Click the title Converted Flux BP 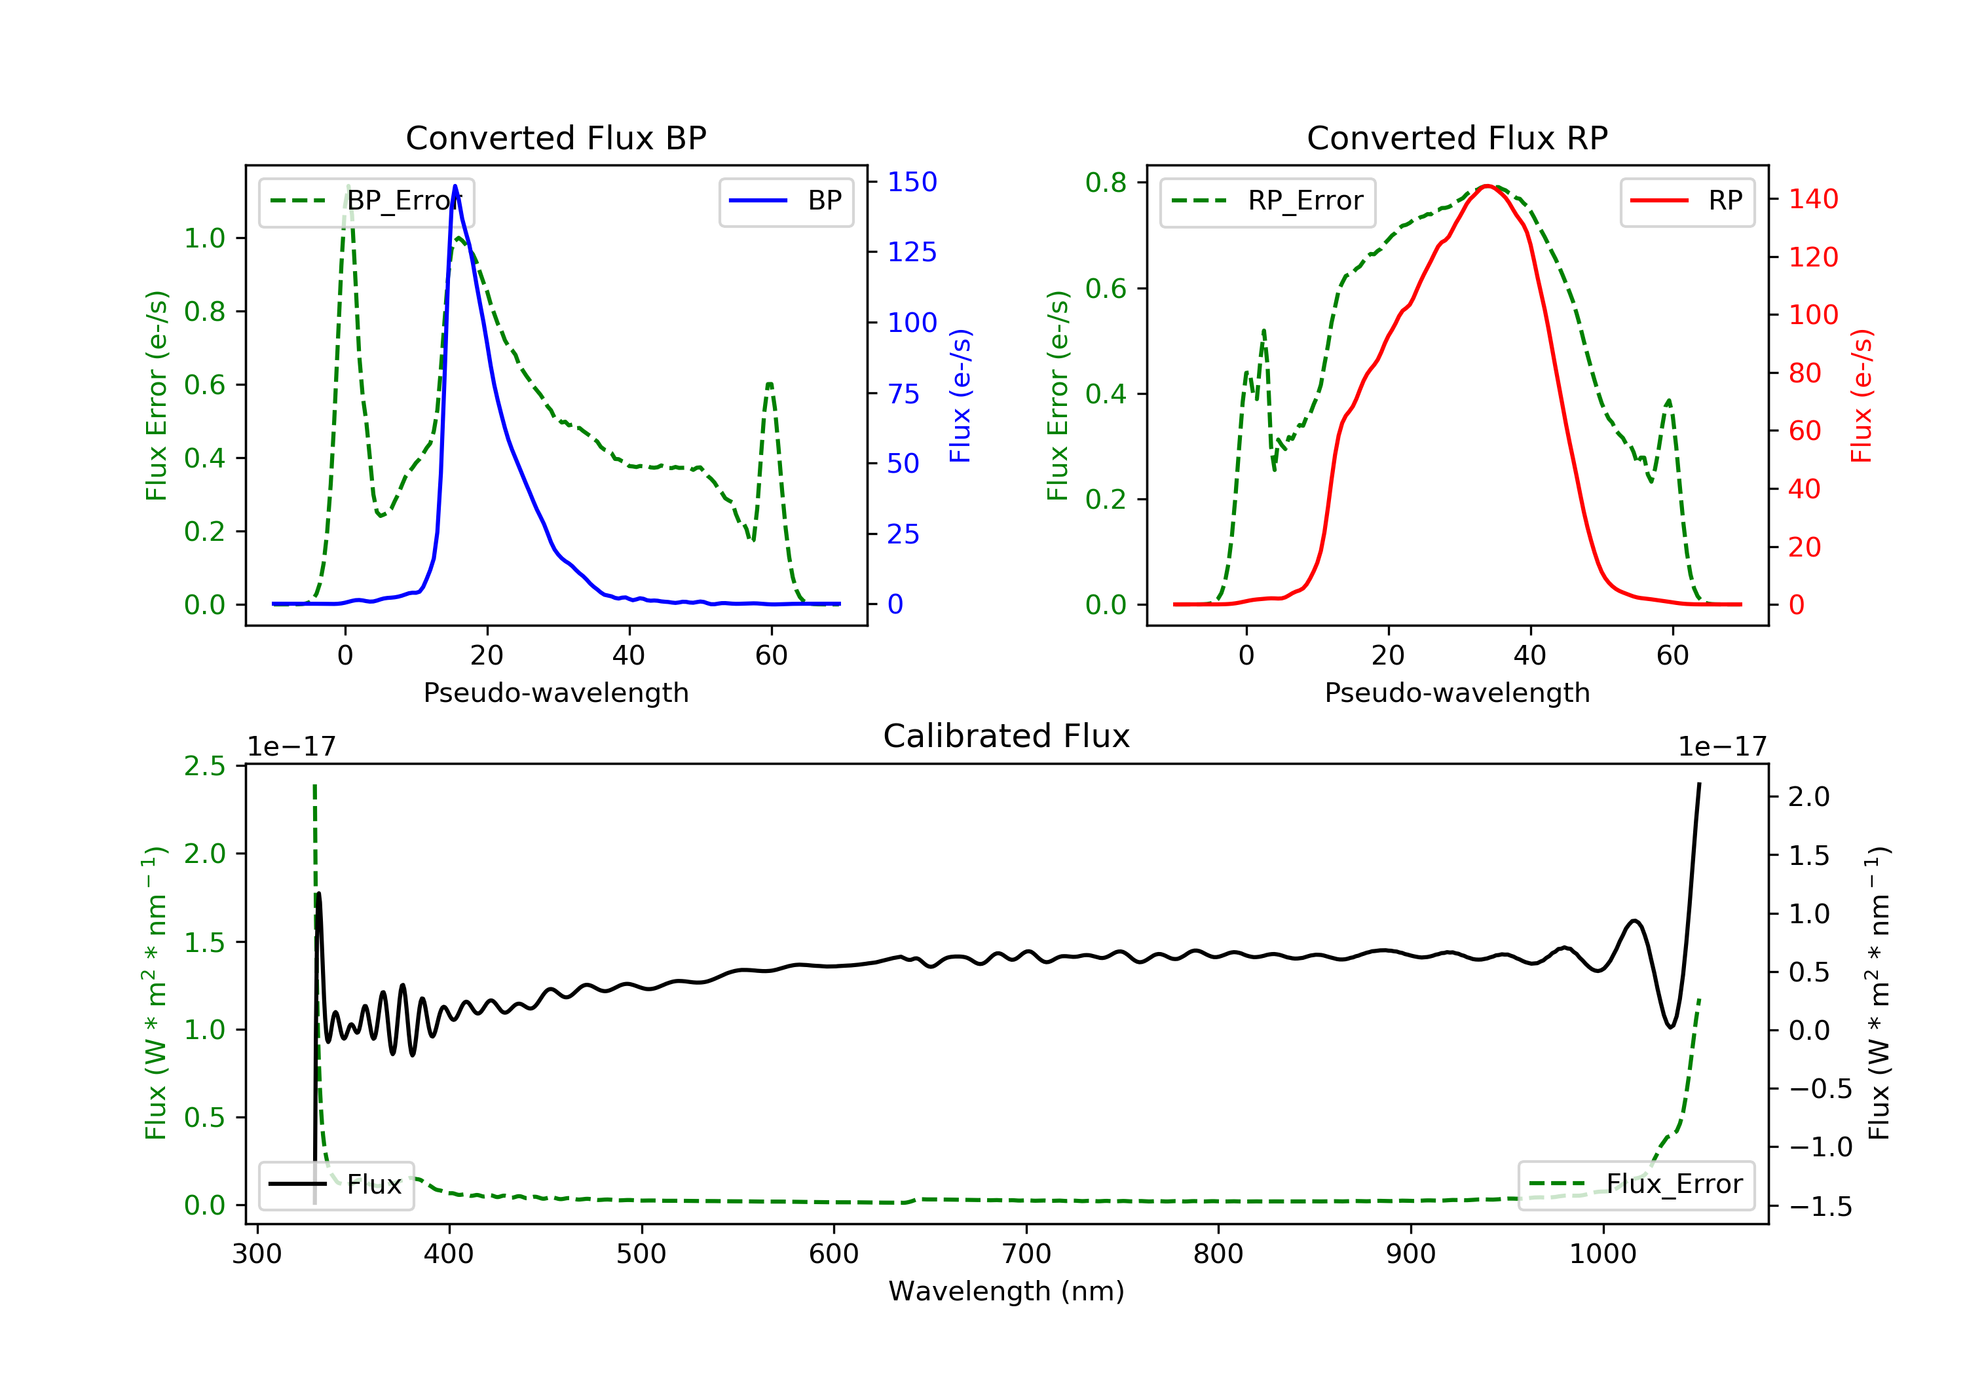(555, 137)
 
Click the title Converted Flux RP (1457, 137)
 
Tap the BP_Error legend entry (366, 201)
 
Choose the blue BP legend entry (785, 201)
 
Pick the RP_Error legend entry (1267, 201)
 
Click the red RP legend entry (1687, 201)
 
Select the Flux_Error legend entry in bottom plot (1636, 1184)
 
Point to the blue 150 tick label (912, 181)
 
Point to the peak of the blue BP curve (455, 186)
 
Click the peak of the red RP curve (1488, 186)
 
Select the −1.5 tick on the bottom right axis (1820, 1207)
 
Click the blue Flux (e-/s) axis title (960, 395)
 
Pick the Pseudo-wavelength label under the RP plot (1457, 692)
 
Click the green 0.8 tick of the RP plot (1105, 182)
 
